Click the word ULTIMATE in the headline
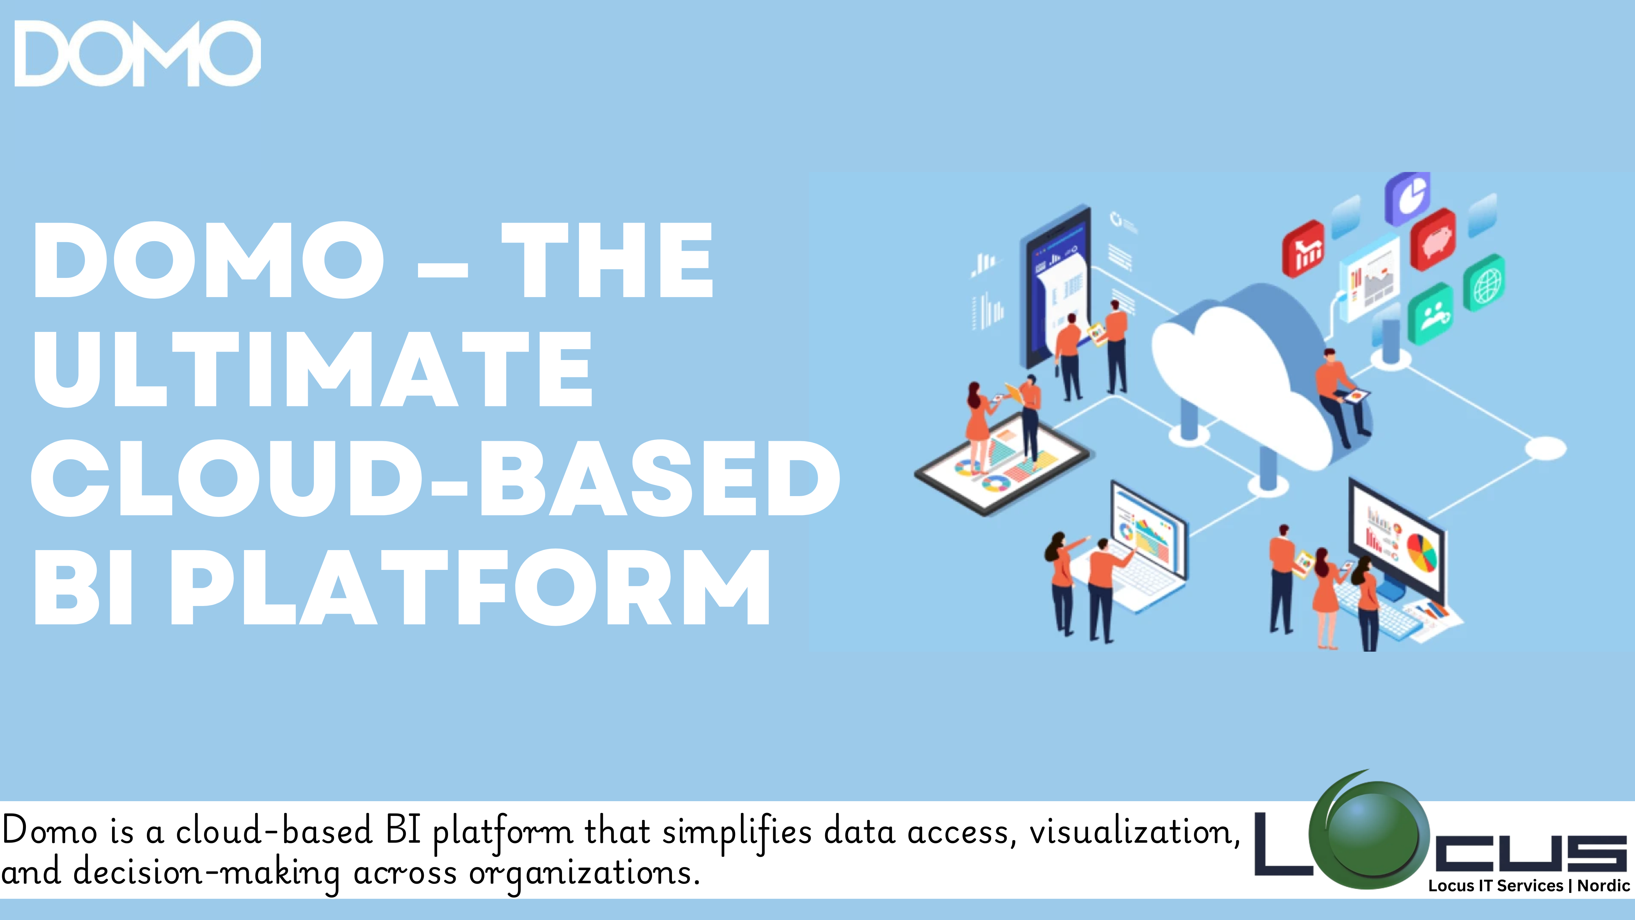click(x=313, y=369)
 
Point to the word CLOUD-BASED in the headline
click(x=436, y=478)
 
